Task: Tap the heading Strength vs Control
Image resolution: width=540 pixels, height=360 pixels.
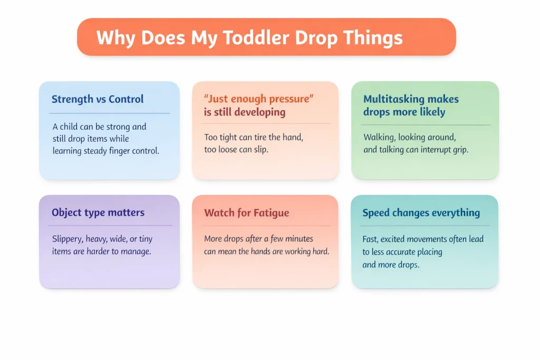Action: pos(98,99)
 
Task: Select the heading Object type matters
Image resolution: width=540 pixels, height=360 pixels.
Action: pos(98,213)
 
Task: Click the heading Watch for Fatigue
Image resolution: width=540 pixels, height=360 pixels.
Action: pos(247,213)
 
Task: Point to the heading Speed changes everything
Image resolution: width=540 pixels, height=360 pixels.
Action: pos(421,213)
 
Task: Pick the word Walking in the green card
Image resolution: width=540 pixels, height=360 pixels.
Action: pos(378,138)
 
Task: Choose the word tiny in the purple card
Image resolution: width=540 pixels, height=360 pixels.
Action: pos(146,239)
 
